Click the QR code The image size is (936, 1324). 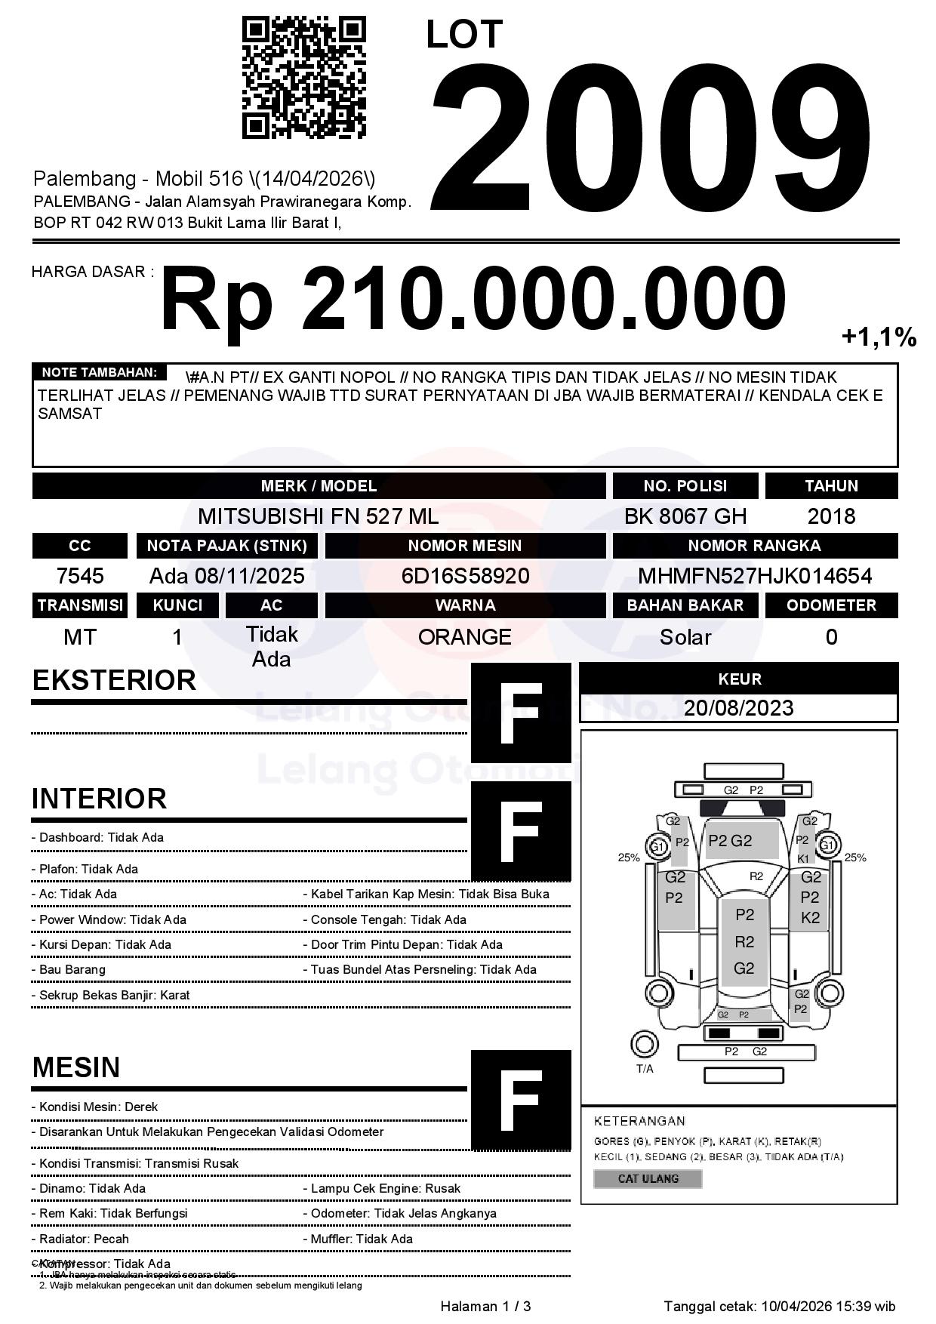[x=303, y=79]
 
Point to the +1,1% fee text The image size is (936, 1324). [x=879, y=337]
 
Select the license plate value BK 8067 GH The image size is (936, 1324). [x=685, y=516]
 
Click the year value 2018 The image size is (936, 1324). [x=831, y=516]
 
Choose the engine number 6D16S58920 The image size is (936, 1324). [x=465, y=576]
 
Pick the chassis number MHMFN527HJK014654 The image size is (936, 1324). [x=755, y=576]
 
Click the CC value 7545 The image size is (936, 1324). [x=80, y=576]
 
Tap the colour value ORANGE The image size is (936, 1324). [x=465, y=636]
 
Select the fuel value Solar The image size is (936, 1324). [x=685, y=637]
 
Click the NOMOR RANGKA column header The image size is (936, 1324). [x=755, y=546]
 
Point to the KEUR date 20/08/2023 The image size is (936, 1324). [x=738, y=708]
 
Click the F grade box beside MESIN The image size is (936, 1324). [x=521, y=1100]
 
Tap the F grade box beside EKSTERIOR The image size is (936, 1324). [x=521, y=713]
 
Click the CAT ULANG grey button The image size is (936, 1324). [x=648, y=1178]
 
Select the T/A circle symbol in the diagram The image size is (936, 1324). [x=644, y=1045]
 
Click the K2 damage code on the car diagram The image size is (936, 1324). [x=810, y=918]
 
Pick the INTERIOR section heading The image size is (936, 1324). [x=99, y=799]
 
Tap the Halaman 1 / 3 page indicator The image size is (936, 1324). [x=485, y=1307]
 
